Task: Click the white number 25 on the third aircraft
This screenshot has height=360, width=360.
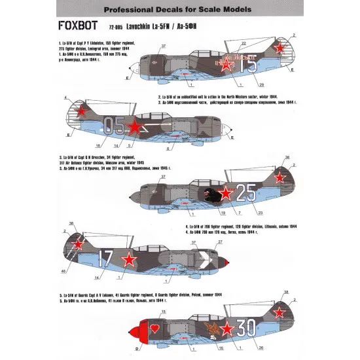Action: [x=248, y=192]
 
